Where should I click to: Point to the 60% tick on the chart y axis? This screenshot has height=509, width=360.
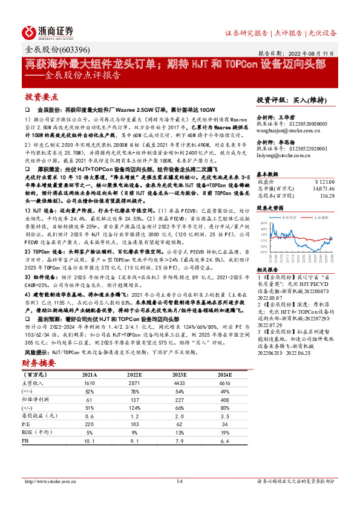click(x=263, y=223)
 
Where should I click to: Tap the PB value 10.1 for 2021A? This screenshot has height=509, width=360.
click(x=90, y=441)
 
